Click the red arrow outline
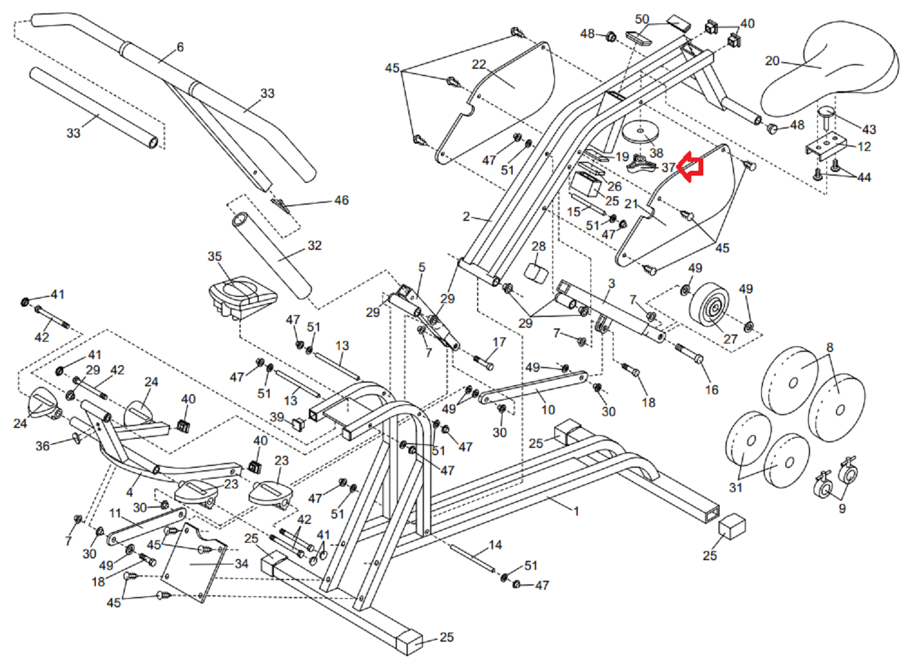coord(690,167)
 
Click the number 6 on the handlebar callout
coord(180,47)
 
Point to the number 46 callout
coord(341,200)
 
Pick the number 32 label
coord(314,246)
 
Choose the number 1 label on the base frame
coord(576,511)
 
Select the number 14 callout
coord(495,545)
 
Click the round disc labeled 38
coord(640,132)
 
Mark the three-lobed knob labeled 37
coord(640,163)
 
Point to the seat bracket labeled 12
coord(823,147)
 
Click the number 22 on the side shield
coord(479,65)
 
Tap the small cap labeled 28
coord(536,271)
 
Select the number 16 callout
coord(712,390)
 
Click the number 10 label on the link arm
coord(548,410)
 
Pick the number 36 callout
coord(42,447)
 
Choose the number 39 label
coord(277,417)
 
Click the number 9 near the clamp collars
coord(842,508)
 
